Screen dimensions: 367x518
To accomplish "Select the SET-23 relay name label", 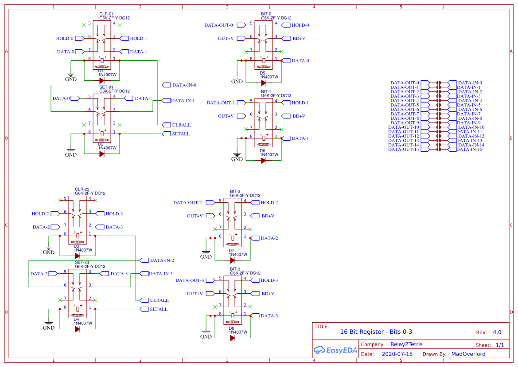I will coord(82,262).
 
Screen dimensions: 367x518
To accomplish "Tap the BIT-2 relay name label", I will coord(235,191).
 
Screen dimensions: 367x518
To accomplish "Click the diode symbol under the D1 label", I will coord(102,81).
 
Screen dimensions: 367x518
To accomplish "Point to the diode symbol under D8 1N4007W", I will coord(232,338).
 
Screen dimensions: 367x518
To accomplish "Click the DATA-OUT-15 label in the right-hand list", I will coord(403,150).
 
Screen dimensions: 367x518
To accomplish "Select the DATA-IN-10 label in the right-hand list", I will coord(470,127).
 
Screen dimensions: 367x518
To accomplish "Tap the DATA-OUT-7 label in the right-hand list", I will coord(405,114).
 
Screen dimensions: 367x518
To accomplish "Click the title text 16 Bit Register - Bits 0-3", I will coord(376,331).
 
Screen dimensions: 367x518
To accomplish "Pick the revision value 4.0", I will coord(497,332).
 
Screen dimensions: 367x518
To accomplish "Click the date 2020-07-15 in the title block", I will coord(397,354).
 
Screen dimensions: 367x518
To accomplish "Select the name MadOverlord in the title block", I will coord(468,354).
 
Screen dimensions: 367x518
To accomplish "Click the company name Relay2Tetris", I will coord(407,344).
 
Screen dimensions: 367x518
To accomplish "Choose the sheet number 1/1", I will coord(499,345).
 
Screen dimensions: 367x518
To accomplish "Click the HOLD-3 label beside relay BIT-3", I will coord(269,280).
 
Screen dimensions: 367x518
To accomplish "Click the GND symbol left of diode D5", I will coord(237,80).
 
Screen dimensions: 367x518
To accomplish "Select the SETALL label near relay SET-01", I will coord(180,134).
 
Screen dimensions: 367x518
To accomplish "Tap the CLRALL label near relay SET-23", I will coord(159,300).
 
